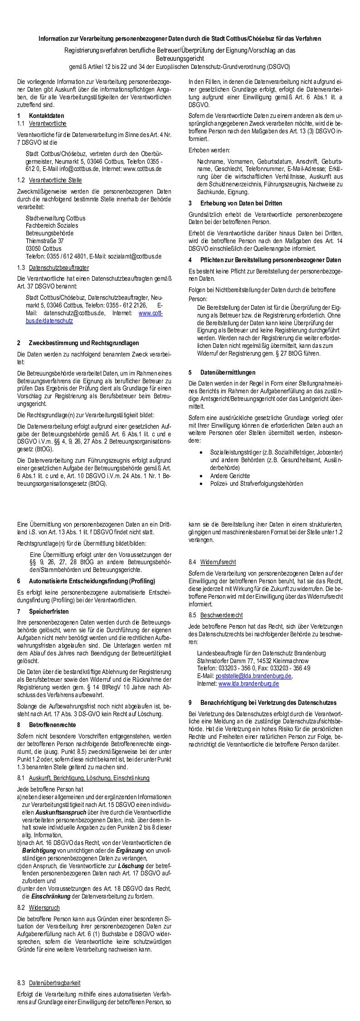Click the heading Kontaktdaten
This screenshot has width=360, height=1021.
(x=46, y=116)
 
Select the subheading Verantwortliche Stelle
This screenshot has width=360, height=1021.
(x=55, y=180)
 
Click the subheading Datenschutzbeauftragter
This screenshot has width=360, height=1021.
(x=59, y=268)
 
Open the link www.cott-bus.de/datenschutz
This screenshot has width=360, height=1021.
(x=151, y=313)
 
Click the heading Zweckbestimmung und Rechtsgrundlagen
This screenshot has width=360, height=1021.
(x=84, y=343)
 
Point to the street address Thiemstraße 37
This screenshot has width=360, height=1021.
(x=44, y=241)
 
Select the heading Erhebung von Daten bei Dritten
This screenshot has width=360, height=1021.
(x=241, y=203)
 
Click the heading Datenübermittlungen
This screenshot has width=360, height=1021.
(x=228, y=372)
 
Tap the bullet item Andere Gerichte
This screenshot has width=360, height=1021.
(x=230, y=476)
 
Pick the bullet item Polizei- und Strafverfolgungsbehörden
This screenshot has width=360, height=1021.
(x=257, y=484)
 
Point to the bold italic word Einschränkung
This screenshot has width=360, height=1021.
(x=50, y=896)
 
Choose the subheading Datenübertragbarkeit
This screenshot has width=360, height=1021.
(x=54, y=983)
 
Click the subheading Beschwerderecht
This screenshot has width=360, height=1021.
(x=221, y=615)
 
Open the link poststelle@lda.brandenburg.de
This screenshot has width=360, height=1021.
(x=253, y=676)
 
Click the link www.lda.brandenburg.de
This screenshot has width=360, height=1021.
(x=248, y=684)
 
